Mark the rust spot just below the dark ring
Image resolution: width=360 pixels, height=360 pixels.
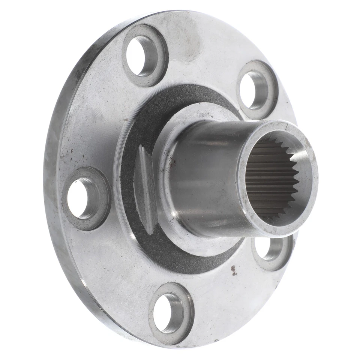pos(234,270)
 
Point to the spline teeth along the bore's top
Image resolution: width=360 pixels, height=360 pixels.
pos(274,144)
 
